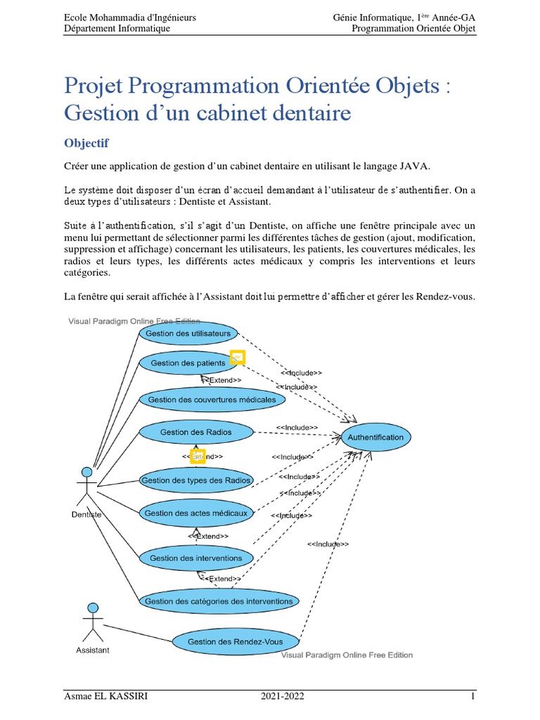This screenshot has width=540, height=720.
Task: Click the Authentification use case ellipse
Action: (375, 437)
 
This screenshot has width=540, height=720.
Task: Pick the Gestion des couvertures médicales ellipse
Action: (212, 400)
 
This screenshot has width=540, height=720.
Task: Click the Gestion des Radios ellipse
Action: (195, 432)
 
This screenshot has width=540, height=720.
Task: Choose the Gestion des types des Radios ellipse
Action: (196, 481)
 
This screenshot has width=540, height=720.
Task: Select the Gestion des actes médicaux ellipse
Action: (195, 513)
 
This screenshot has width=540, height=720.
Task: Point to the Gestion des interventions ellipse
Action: (195, 558)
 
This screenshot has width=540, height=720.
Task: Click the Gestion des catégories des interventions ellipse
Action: (218, 601)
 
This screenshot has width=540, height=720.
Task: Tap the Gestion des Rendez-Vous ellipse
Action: (235, 641)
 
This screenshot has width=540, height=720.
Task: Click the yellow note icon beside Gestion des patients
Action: (238, 358)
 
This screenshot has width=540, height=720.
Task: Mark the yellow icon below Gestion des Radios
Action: (198, 456)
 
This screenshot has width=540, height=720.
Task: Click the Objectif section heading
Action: (86, 143)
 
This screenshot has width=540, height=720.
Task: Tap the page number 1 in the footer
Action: (473, 697)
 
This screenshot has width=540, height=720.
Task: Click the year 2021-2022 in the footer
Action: (283, 697)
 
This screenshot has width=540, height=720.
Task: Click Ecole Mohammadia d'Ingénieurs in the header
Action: (130, 17)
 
